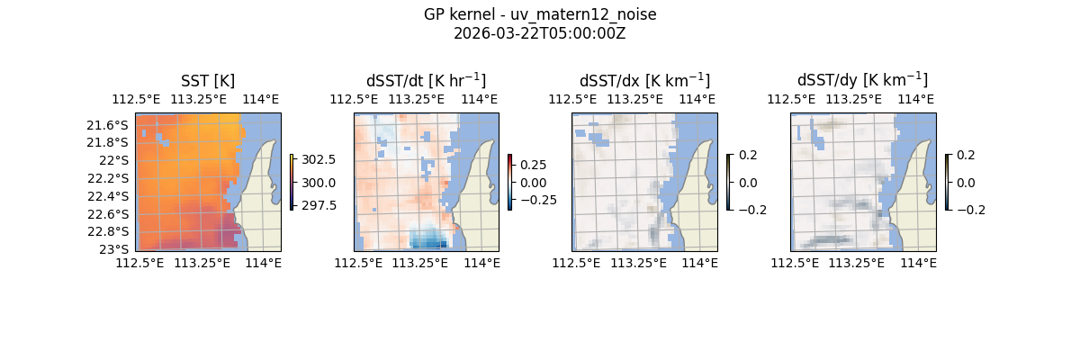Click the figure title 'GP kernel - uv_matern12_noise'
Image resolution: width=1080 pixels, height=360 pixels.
[539, 15]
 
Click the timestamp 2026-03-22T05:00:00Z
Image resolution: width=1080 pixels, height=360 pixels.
[539, 33]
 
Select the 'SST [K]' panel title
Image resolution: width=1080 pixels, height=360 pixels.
[208, 81]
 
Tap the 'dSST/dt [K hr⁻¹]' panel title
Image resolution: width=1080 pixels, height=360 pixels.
[426, 81]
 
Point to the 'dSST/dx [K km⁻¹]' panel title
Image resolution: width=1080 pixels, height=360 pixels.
[644, 81]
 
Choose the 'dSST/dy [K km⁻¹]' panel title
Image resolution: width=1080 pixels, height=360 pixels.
[862, 81]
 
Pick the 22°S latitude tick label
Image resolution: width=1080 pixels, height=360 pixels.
[117, 160]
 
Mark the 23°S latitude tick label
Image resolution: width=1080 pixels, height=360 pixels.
[117, 248]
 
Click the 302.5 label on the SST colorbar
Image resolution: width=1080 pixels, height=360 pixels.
[319, 159]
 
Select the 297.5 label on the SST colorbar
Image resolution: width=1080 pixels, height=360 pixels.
[319, 205]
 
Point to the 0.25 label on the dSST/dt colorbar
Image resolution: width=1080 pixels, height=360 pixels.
[533, 166]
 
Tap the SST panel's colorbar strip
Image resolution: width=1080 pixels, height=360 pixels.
[292, 182]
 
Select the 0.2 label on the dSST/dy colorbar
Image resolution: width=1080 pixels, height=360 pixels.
[966, 155]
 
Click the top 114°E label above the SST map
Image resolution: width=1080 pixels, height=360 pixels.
[260, 100]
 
